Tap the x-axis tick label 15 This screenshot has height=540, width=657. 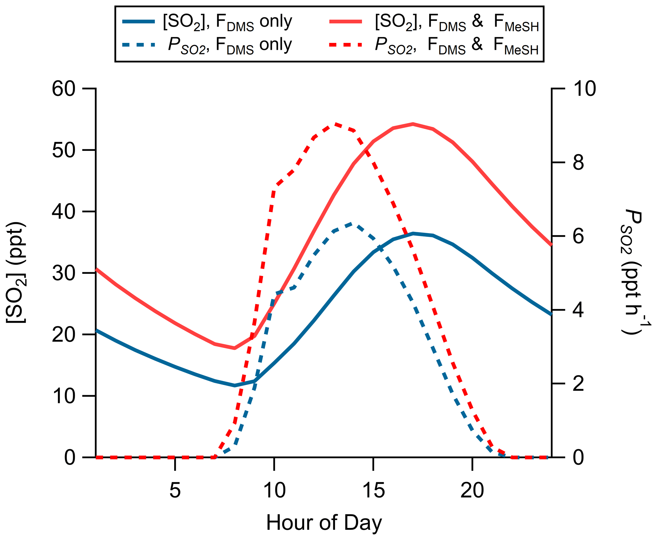coord(373,490)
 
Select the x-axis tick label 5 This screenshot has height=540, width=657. coord(175,490)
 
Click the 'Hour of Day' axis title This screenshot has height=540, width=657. coord(324,523)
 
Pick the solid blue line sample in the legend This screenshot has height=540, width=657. coord(139,22)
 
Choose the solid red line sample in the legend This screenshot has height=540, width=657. coord(346,22)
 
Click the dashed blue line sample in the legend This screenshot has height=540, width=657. coord(139,45)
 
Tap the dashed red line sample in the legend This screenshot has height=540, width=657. coord(346,45)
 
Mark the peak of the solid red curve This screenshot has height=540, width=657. coord(413,124)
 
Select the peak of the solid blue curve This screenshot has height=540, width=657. coord(413,233)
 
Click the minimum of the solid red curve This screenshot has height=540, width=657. coord(235,348)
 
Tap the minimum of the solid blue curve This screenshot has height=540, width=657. coord(235,386)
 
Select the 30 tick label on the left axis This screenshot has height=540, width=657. coord(64,273)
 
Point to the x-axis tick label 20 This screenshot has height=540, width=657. coord(472,490)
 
